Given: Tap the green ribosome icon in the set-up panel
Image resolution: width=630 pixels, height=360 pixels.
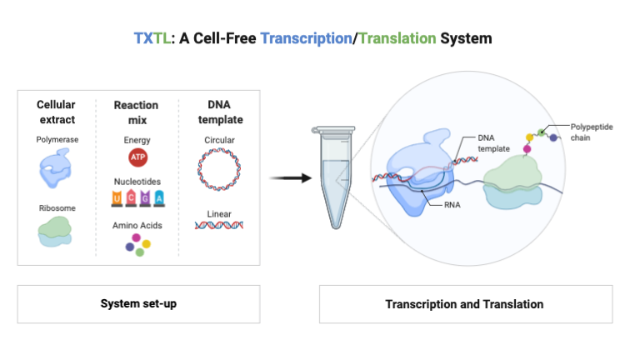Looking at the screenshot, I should [57, 231].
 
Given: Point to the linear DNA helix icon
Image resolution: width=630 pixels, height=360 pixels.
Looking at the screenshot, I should [219, 225].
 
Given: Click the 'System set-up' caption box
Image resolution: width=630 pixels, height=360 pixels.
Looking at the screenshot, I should [139, 304].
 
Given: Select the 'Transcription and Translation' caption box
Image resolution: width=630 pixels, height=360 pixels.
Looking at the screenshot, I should [463, 304].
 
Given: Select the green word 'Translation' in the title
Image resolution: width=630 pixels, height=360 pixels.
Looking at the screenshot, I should [396, 38].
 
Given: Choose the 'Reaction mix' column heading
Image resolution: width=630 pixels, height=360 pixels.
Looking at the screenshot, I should [137, 112].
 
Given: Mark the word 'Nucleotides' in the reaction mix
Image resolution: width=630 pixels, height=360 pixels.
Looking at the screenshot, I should [137, 181].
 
